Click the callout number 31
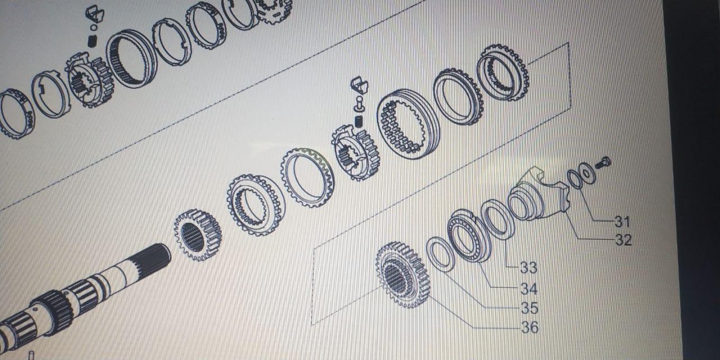[623, 222]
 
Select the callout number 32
[624, 240]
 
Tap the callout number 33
[529, 267]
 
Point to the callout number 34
[529, 289]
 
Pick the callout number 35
[529, 308]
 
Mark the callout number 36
[530, 327]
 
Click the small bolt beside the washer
[603, 163]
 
